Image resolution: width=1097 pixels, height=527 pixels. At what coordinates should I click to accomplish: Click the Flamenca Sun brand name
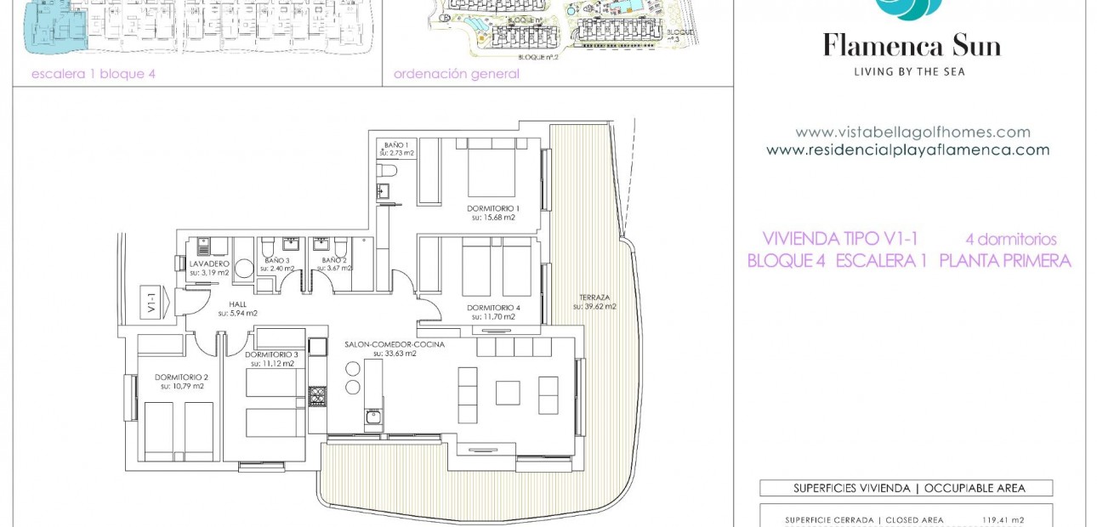(x=911, y=46)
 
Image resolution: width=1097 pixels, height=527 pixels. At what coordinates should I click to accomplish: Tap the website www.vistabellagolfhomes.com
(x=912, y=133)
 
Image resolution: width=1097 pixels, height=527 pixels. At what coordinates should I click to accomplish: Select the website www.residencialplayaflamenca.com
(x=907, y=150)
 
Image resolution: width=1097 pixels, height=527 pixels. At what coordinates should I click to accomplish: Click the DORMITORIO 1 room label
(x=492, y=208)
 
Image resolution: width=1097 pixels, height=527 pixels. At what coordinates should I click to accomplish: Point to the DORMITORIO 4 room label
(x=492, y=308)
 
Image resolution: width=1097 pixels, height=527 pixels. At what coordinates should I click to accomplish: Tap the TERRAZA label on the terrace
(x=594, y=297)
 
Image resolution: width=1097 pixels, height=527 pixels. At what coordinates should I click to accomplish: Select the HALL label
(x=237, y=303)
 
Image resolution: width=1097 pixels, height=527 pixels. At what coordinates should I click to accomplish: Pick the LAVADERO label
(x=208, y=263)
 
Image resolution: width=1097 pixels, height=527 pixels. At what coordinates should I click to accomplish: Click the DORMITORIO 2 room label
(x=182, y=377)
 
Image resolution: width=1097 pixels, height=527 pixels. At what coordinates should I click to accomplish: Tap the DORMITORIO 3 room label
(x=271, y=354)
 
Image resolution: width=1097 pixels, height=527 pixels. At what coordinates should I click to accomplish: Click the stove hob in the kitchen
(x=316, y=396)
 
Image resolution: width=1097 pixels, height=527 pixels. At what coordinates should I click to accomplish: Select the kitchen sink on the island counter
(x=372, y=416)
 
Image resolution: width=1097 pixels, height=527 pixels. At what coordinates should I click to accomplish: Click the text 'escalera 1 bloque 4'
(x=93, y=74)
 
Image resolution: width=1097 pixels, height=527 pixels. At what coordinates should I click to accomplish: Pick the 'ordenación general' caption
(x=456, y=74)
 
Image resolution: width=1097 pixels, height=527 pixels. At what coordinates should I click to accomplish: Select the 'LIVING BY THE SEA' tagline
(x=909, y=72)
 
